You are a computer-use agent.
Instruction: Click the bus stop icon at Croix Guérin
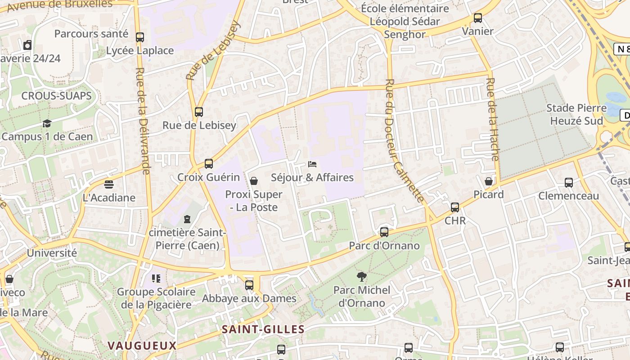click(x=208, y=164)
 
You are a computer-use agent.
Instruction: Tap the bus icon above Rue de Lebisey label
click(x=198, y=112)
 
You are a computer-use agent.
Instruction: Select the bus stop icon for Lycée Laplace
click(x=140, y=37)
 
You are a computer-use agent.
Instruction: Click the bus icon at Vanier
click(x=477, y=18)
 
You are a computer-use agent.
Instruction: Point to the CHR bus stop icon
click(x=455, y=207)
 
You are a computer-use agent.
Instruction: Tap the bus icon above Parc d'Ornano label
click(x=384, y=232)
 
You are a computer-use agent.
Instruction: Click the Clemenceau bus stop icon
click(x=569, y=183)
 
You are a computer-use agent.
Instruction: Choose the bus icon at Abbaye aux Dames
click(x=249, y=285)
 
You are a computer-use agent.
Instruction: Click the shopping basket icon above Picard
click(x=489, y=181)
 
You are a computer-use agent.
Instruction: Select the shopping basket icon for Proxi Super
click(x=254, y=181)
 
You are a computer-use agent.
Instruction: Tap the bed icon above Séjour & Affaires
click(x=312, y=164)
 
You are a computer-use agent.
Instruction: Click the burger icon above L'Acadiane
click(x=108, y=184)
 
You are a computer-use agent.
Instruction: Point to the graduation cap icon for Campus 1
click(x=47, y=123)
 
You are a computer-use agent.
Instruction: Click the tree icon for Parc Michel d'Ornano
click(x=361, y=276)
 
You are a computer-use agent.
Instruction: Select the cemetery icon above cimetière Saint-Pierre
click(x=187, y=219)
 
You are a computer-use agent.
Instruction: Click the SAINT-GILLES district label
click(x=263, y=329)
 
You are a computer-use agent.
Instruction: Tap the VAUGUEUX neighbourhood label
click(x=142, y=346)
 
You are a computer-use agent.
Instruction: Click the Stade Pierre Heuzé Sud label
click(x=576, y=114)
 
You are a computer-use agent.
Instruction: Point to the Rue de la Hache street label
click(x=492, y=119)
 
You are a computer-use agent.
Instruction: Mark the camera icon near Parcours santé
click(x=27, y=45)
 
